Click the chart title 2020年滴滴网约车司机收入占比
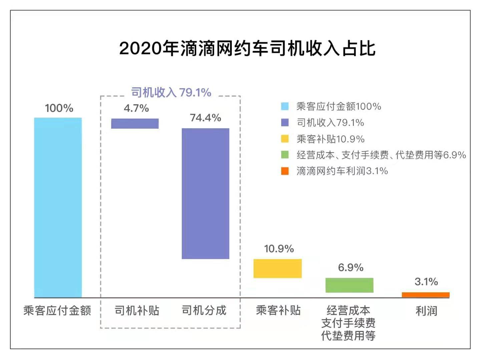point(247,48)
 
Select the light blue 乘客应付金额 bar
point(58,207)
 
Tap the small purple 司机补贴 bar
point(135,123)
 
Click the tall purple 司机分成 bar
point(205,193)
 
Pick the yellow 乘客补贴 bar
point(278,268)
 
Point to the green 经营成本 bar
point(349,285)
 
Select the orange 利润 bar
point(426,295)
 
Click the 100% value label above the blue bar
point(59,108)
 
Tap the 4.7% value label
point(136,108)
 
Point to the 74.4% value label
point(205,118)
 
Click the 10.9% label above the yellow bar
point(279,249)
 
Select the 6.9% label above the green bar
point(351,267)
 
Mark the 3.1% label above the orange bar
point(426,282)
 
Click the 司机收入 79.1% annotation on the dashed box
point(171,92)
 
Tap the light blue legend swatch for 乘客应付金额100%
point(285,106)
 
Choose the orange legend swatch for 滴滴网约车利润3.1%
point(285,171)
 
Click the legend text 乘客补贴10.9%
point(330,139)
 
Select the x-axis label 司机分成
point(204,310)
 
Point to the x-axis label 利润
point(426,311)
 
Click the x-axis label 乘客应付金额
point(57,310)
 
